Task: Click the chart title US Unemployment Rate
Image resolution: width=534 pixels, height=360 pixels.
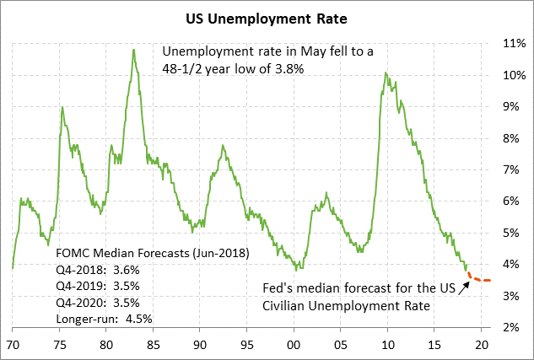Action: pos(267,16)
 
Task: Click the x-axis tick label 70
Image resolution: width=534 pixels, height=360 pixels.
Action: pos(13,345)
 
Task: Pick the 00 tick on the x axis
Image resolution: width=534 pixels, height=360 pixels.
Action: pos(293,345)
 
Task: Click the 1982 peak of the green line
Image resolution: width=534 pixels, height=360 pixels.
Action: pos(133,50)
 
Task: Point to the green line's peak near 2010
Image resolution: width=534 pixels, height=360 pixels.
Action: pos(386,73)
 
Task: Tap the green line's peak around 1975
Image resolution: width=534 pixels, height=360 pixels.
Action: pos(62,107)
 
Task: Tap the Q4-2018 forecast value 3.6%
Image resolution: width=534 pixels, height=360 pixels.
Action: pos(125,270)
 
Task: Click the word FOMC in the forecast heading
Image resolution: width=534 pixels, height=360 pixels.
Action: pos(71,254)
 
